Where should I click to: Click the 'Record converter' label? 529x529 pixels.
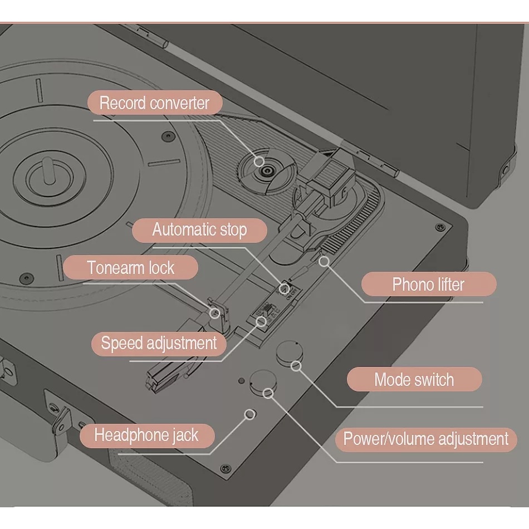[155, 102]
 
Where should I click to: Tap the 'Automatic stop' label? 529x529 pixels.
[199, 230]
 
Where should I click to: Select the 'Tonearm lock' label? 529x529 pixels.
[130, 267]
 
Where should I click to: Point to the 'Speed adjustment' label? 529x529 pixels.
[159, 344]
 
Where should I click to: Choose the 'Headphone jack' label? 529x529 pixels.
[147, 435]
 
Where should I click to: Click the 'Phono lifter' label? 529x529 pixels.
[428, 284]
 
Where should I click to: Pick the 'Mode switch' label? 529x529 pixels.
[414, 379]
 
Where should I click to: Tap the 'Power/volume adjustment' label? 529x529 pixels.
[426, 439]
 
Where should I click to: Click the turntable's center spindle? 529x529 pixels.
[49, 172]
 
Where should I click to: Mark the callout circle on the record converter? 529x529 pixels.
[259, 161]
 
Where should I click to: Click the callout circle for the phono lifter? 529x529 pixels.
[324, 261]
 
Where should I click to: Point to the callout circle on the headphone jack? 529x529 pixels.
[250, 414]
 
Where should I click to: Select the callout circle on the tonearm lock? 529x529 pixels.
[214, 313]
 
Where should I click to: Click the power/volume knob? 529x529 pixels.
[263, 383]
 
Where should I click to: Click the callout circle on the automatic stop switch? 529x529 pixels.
[285, 288]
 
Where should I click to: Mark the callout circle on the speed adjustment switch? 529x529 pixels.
[261, 321]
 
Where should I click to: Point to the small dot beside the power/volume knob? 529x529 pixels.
[241, 381]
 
